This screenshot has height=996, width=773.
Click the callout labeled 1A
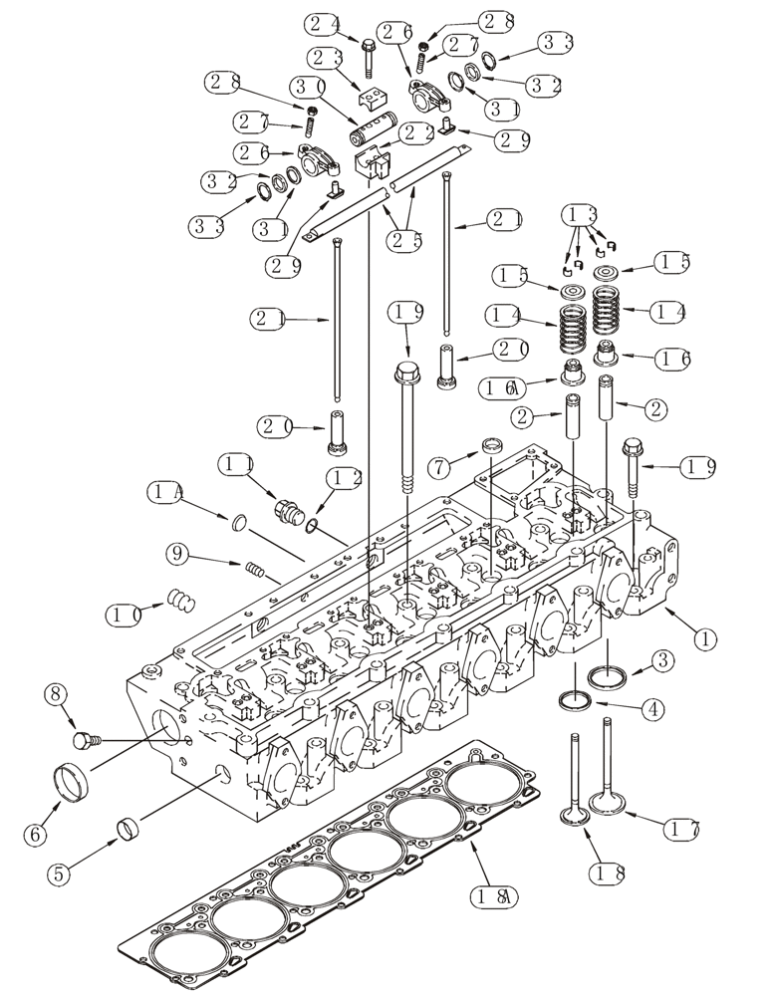(163, 491)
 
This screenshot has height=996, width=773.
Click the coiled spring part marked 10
(179, 601)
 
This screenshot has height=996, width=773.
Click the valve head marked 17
(606, 801)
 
